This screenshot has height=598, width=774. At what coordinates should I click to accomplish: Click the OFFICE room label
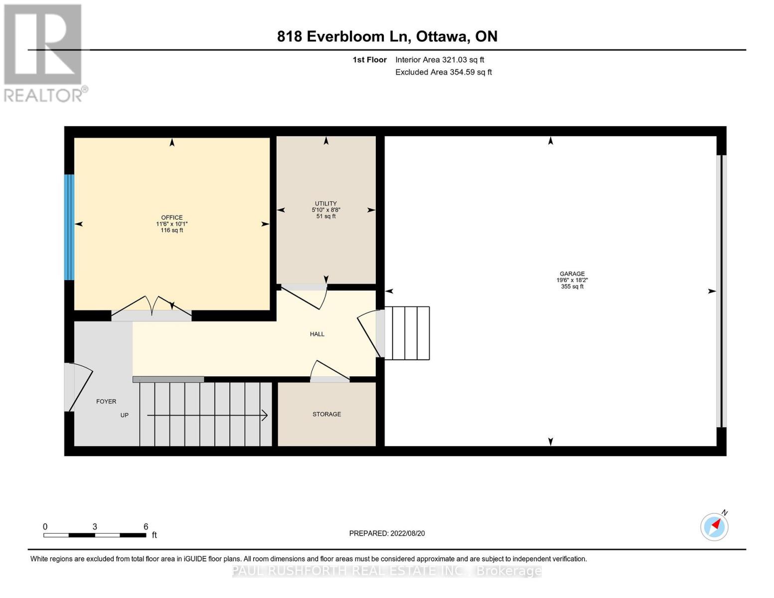[x=171, y=217]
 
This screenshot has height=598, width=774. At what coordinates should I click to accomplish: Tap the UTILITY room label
[x=325, y=203]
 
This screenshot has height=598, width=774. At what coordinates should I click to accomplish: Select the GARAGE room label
[x=572, y=274]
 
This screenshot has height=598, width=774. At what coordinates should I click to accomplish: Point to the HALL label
[x=317, y=334]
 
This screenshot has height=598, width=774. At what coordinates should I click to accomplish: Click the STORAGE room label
[x=326, y=414]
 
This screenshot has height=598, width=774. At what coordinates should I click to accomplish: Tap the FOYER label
[x=106, y=401]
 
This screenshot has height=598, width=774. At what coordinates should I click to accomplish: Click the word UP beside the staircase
[x=125, y=415]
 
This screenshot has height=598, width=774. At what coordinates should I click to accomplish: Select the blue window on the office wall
[x=69, y=227]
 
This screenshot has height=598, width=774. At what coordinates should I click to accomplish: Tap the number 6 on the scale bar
[x=146, y=526]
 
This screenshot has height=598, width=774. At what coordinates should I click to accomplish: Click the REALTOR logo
[x=44, y=52]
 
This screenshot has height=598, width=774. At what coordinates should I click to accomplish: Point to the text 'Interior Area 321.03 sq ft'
[x=440, y=60]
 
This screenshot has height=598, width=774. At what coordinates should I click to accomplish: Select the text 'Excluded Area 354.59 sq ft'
[x=443, y=72]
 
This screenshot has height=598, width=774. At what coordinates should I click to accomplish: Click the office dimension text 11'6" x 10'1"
[x=171, y=224]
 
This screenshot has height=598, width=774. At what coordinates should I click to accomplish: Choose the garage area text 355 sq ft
[x=572, y=287]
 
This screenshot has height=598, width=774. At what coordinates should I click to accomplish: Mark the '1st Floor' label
[x=369, y=60]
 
